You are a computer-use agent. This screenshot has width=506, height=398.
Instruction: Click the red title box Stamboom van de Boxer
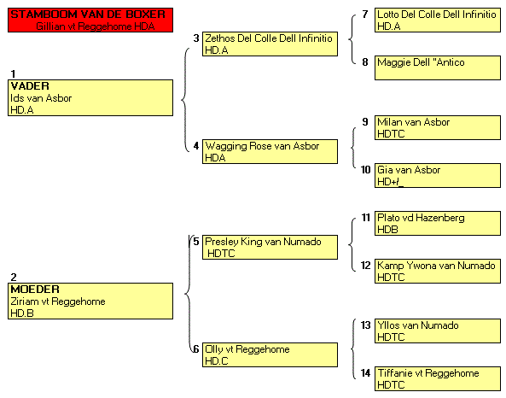tap(90, 20)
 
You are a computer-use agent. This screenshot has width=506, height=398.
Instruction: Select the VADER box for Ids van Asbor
tap(90, 97)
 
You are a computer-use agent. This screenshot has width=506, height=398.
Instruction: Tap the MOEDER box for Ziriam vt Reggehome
tap(90, 301)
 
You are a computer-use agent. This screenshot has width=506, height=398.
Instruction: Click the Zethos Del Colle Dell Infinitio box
tap(270, 44)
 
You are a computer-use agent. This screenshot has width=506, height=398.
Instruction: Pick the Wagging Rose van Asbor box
tap(270, 151)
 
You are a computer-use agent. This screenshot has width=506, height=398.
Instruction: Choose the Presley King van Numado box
tap(270, 247)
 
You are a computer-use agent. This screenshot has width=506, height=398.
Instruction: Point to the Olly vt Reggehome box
tap(270, 354)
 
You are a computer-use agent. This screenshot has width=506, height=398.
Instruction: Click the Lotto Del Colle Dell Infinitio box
tap(438, 20)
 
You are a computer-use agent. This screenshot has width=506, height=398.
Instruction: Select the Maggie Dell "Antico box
tap(438, 67)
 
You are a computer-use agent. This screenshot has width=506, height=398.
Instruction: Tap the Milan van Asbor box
tap(438, 127)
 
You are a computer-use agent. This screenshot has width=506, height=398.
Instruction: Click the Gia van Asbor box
tap(438, 175)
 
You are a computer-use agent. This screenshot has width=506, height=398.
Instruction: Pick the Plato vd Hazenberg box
tap(438, 223)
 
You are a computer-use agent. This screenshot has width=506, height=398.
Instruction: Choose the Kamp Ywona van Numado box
tap(438, 271)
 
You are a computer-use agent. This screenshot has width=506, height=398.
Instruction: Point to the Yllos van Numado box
tap(438, 331)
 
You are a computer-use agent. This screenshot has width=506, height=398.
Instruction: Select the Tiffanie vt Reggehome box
tap(438, 378)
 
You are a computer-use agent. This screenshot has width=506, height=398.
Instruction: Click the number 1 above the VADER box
tap(13, 74)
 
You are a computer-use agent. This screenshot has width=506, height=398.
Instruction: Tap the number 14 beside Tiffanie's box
tap(365, 373)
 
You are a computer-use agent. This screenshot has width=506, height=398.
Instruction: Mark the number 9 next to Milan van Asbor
tap(365, 122)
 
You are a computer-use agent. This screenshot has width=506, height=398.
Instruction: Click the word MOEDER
tap(35, 290)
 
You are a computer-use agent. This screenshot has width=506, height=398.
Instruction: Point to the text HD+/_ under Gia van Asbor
tap(391, 182)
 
